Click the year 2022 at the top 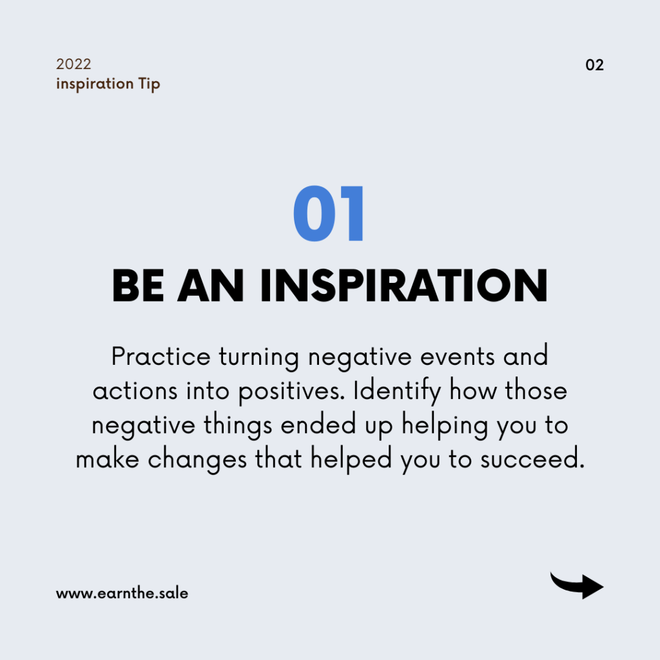pos(73,64)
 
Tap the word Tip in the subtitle pos(149,84)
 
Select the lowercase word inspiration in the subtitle pos(95,84)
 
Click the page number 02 pos(594,65)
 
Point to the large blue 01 pos(328,213)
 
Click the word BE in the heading pos(138,286)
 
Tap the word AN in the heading pos(211,286)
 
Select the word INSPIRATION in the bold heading pos(404,286)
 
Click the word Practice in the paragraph pos(160,356)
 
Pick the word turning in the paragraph pos(259,358)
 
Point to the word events pos(458,357)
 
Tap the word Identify pos(397,391)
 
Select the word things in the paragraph pos(238,426)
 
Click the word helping pos(445,426)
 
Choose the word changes pos(197,460)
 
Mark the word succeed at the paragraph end pos(532,459)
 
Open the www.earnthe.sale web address pos(122,593)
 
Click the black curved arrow pos(577,586)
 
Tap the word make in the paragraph pos(108,459)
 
